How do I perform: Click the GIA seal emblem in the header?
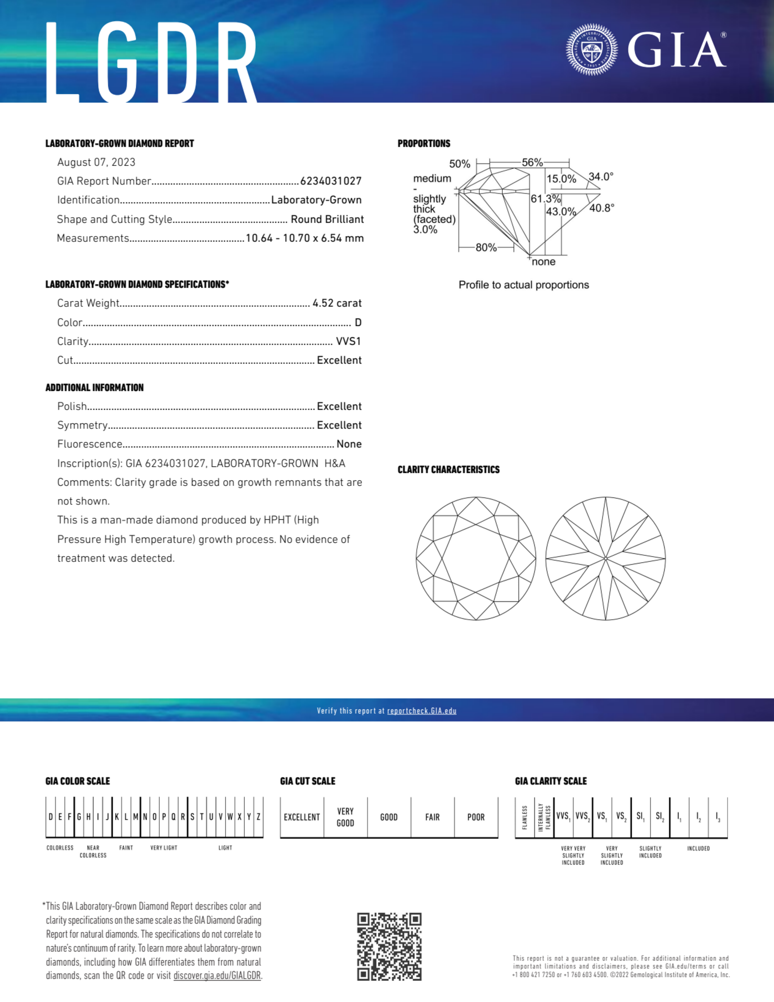pyautogui.click(x=591, y=50)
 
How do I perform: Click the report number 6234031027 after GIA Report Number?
pyautogui.click(x=331, y=181)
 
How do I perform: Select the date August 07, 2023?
pyautogui.click(x=96, y=162)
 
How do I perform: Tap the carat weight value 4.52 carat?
pyautogui.click(x=337, y=303)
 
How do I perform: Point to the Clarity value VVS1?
pyautogui.click(x=348, y=341)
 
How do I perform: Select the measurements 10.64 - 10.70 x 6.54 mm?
pyautogui.click(x=305, y=238)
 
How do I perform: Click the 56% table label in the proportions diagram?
pyautogui.click(x=532, y=162)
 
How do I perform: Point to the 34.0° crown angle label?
pyautogui.click(x=601, y=177)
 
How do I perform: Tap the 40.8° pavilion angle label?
pyautogui.click(x=601, y=208)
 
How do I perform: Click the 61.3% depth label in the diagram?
pyautogui.click(x=545, y=198)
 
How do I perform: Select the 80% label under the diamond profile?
pyautogui.click(x=486, y=248)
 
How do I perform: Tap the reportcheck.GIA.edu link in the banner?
pyautogui.click(x=422, y=711)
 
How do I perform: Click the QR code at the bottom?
pyautogui.click(x=389, y=947)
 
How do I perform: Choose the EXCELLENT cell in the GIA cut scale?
pyautogui.click(x=302, y=817)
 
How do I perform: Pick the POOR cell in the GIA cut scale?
pyautogui.click(x=476, y=817)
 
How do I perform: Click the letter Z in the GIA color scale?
pyautogui.click(x=258, y=817)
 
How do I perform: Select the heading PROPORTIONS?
pyautogui.click(x=424, y=144)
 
